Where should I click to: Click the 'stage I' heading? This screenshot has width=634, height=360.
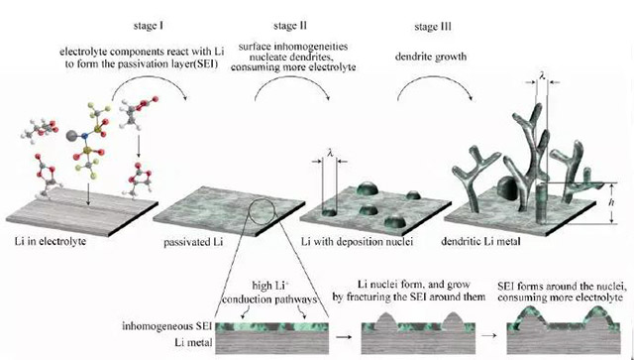[x=149, y=27]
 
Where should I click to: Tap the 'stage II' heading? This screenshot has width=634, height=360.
[x=290, y=27]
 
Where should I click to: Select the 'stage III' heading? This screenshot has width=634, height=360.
[x=433, y=27]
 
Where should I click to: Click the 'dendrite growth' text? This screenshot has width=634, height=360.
[x=431, y=57]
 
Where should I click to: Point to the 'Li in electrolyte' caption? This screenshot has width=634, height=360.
[x=51, y=241]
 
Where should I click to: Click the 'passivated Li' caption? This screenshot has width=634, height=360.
[x=193, y=243]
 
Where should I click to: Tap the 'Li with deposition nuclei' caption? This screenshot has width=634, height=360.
[x=357, y=242]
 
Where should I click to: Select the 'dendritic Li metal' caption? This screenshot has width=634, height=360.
[x=480, y=242]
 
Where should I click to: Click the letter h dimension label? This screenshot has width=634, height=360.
[x=611, y=202]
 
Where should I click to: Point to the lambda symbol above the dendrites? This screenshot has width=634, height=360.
[x=542, y=74]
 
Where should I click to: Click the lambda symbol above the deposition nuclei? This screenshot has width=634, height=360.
[x=330, y=153]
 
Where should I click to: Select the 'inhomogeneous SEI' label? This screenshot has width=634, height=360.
[x=167, y=325]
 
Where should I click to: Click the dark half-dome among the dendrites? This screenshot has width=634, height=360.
[x=507, y=188]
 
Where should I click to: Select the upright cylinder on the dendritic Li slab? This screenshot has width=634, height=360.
[x=542, y=203]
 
